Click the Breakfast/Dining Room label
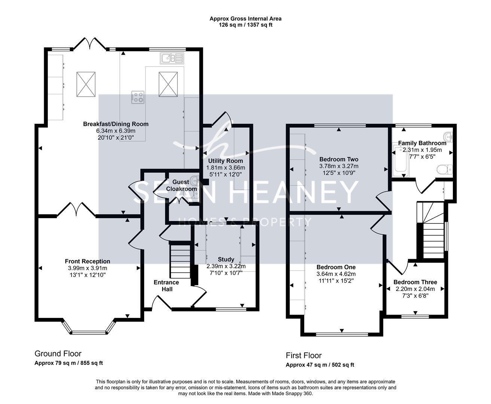116,124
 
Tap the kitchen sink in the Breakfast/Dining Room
172,58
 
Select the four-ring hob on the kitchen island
138,97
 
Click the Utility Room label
225,161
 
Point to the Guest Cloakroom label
181,185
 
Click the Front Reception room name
88,261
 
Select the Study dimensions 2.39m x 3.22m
226,266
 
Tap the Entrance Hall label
167,286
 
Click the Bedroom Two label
339,159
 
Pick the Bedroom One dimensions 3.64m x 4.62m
336,274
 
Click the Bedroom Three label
415,282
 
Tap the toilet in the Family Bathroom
445,169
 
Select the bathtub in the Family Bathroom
401,161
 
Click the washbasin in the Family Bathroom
448,137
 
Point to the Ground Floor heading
58,354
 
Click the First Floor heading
304,356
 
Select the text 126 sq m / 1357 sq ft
246,25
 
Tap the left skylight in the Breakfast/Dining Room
86,84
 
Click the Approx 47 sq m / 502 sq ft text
320,365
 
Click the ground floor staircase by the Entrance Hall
180,260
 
